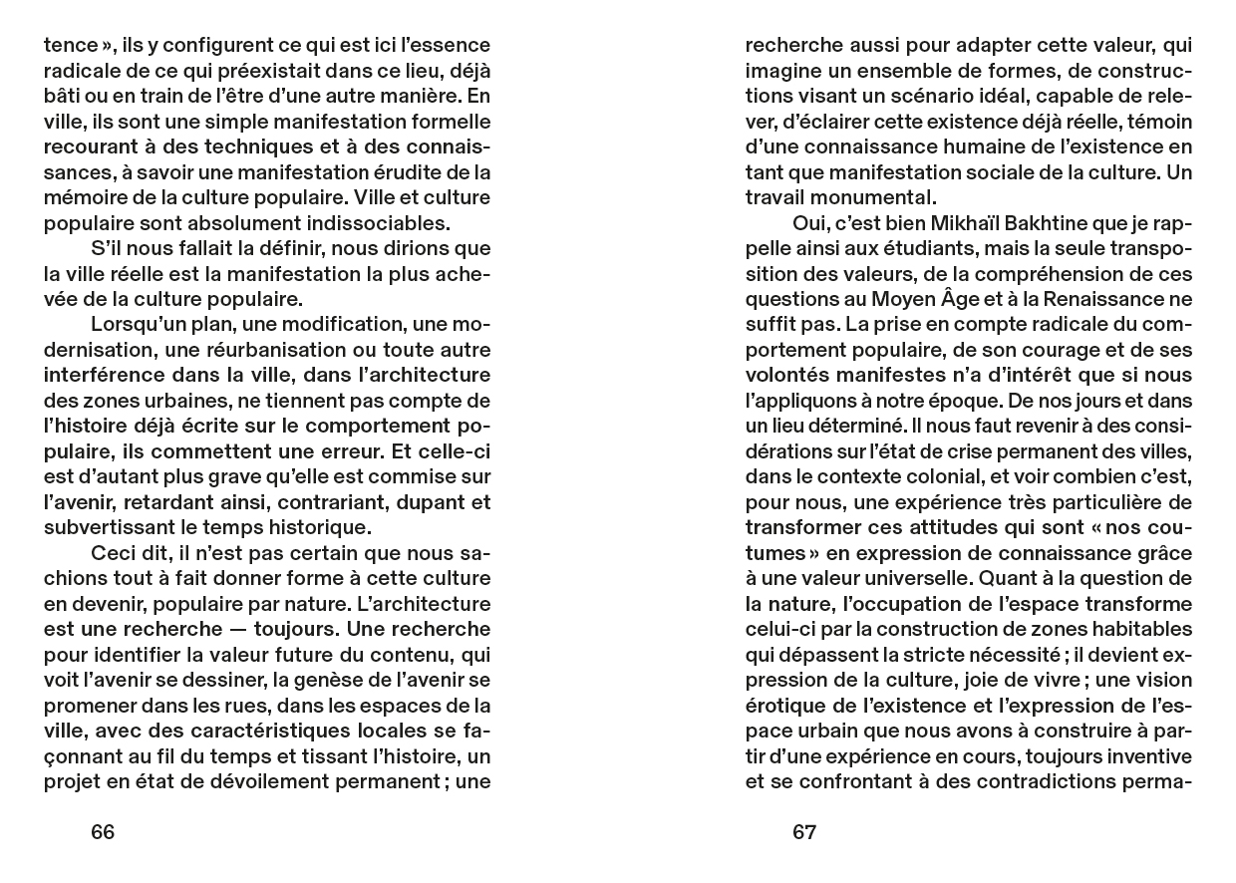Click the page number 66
click(103, 832)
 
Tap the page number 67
click(804, 832)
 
